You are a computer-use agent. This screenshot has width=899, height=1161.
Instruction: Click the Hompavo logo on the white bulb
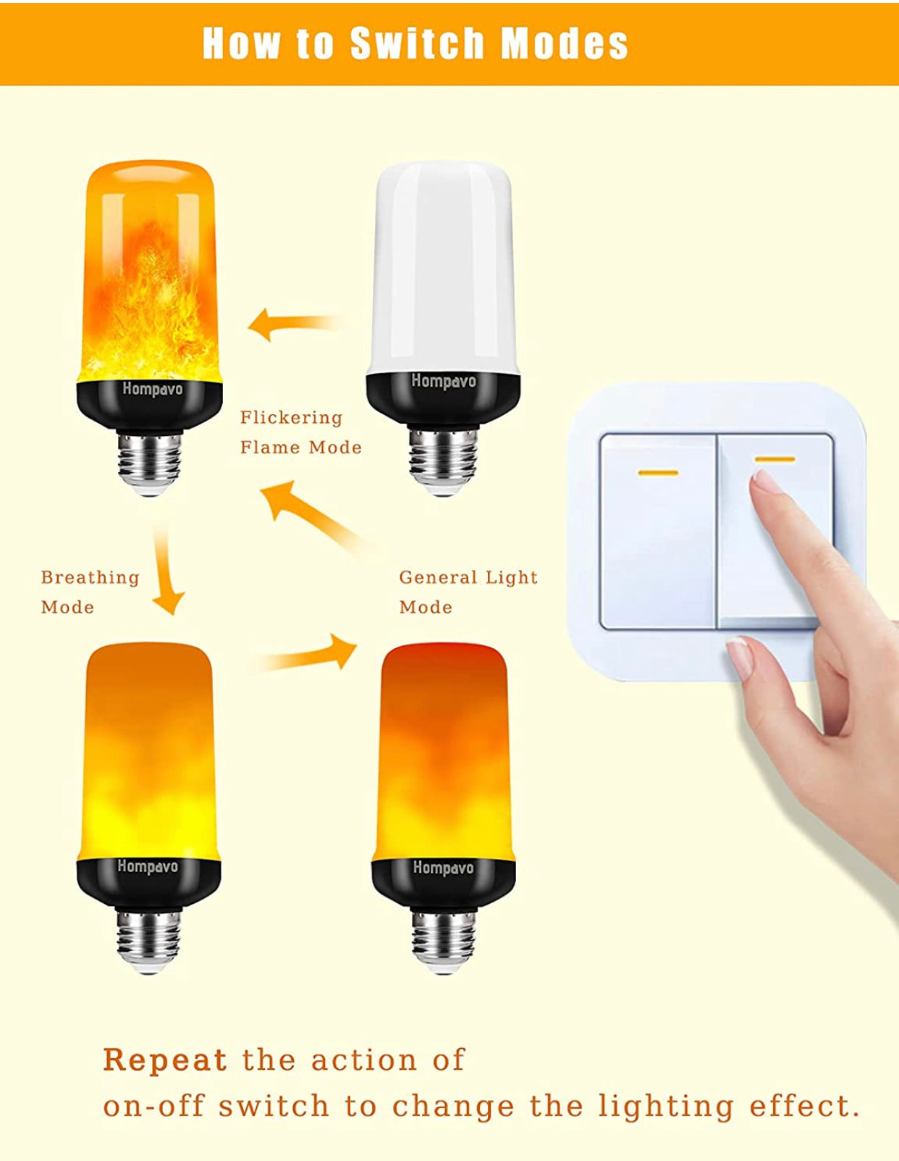tap(444, 382)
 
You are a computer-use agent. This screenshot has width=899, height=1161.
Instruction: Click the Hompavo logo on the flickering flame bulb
tap(152, 388)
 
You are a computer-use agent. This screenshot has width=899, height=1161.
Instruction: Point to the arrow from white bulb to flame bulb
tap(294, 325)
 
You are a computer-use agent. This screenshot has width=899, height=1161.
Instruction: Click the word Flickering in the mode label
tap(291, 417)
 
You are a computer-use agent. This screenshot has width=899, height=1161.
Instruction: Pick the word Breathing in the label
tap(90, 578)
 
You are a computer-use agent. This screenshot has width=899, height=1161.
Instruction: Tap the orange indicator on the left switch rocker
tap(658, 472)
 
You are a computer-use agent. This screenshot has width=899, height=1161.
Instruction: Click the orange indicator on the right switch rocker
tap(775, 459)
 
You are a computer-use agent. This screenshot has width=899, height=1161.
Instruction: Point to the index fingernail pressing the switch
tap(764, 486)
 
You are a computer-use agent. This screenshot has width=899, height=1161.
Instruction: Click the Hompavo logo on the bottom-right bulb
tap(443, 868)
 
